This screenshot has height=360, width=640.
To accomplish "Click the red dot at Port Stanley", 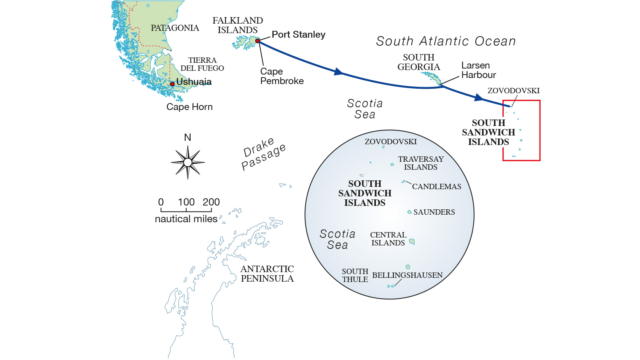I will (258, 41).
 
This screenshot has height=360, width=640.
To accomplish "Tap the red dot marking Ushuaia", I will (172, 84).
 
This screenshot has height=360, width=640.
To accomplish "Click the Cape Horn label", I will (189, 107).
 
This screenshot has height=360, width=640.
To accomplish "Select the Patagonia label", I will (175, 28).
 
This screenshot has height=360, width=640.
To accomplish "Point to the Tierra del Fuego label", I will (202, 64).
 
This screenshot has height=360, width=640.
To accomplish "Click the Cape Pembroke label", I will (282, 76).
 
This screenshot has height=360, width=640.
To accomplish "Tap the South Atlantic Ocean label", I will (446, 41).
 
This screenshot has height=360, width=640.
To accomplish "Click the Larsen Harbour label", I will (478, 70).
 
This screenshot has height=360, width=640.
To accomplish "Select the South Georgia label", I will (419, 62).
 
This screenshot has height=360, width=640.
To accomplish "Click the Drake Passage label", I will (263, 154).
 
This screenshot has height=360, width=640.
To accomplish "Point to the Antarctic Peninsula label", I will (267, 274).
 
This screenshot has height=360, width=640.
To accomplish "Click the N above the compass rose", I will (188, 137).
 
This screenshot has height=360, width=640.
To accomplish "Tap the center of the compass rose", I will (188, 162).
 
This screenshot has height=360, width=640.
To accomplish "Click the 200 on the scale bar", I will (211, 202).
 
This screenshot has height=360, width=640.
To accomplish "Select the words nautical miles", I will (186, 219).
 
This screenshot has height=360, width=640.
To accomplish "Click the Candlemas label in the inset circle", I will (436, 186).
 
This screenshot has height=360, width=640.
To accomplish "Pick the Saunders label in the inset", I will (434, 212).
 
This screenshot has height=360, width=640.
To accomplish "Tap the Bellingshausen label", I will (407, 275).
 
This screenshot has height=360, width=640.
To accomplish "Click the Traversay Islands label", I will (421, 163).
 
